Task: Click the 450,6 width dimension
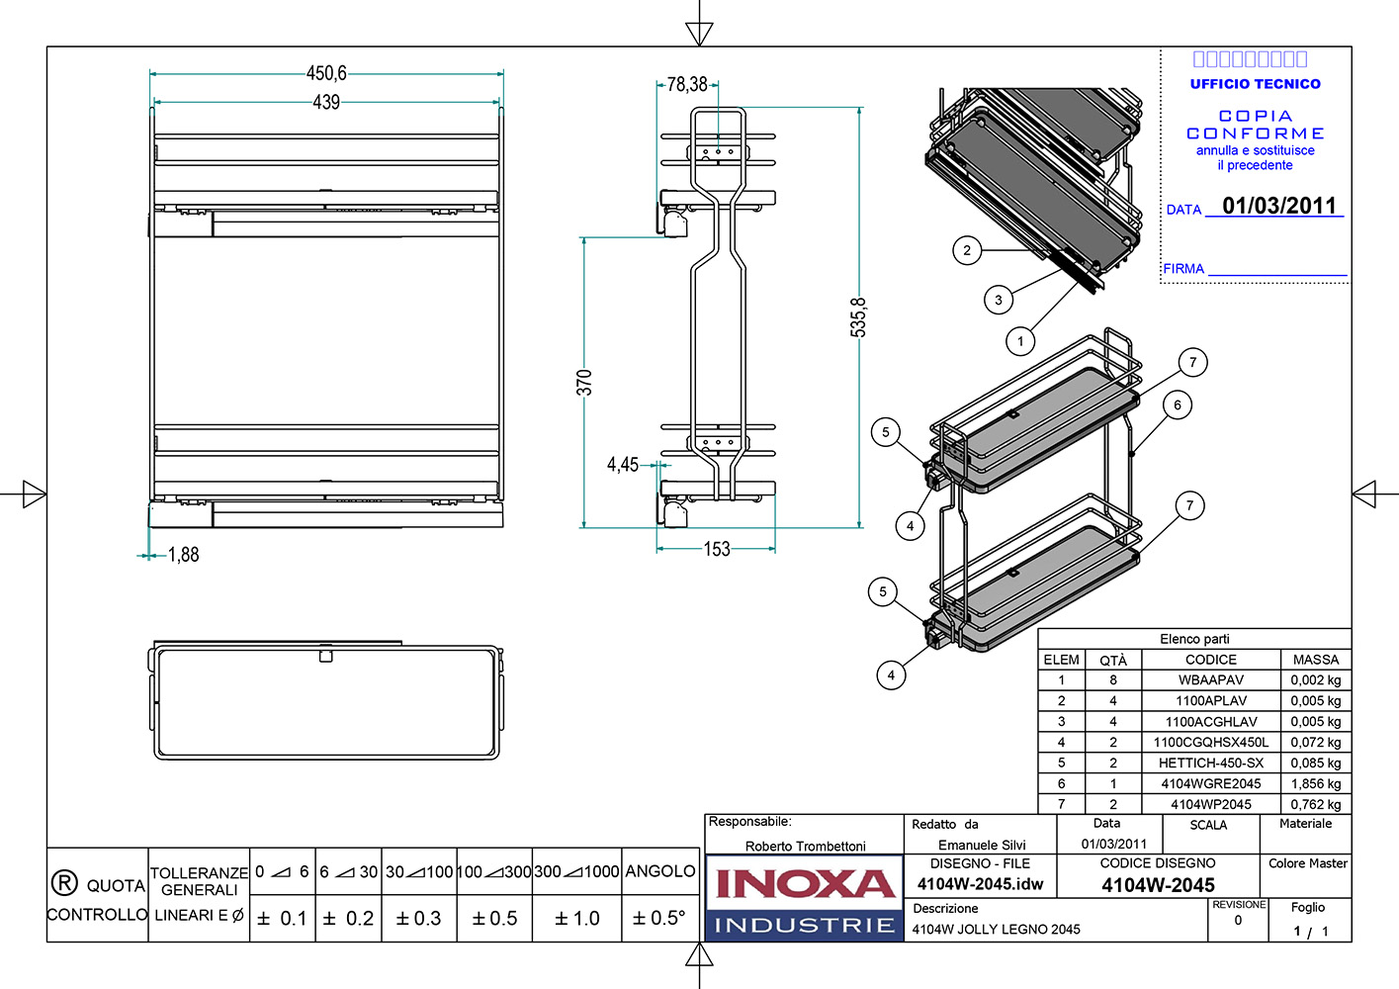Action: [x=326, y=73]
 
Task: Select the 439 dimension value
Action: [x=326, y=102]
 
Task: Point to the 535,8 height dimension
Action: [x=858, y=317]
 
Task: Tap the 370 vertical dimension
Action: [x=584, y=382]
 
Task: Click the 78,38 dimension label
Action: [x=687, y=85]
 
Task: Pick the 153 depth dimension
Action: [x=717, y=549]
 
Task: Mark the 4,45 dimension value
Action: [x=623, y=465]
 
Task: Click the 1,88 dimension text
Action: [x=184, y=555]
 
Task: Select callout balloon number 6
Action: [x=1178, y=405]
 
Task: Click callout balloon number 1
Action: [x=1020, y=342]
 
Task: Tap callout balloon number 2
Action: [x=967, y=250]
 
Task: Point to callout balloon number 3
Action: [x=999, y=300]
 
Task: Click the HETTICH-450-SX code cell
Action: [x=1211, y=763]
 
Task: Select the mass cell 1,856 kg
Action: [x=1315, y=783]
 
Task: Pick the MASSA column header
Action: [x=1315, y=660]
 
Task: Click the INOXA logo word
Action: [x=805, y=883]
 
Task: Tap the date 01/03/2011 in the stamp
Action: [x=1279, y=206]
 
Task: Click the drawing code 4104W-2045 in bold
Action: [x=1158, y=885]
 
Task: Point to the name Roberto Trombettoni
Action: [x=805, y=846]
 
